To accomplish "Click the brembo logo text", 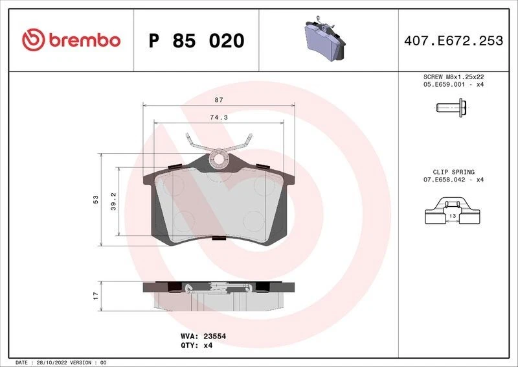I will (x=82, y=40).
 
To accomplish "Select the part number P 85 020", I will (x=196, y=41).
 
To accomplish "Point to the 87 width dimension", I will (x=219, y=100).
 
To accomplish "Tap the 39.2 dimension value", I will (x=113, y=200).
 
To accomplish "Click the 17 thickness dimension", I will (x=95, y=295).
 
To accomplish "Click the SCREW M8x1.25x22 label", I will (x=453, y=77).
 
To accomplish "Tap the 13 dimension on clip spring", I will (x=453, y=215).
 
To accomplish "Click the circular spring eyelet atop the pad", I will (x=219, y=158).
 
